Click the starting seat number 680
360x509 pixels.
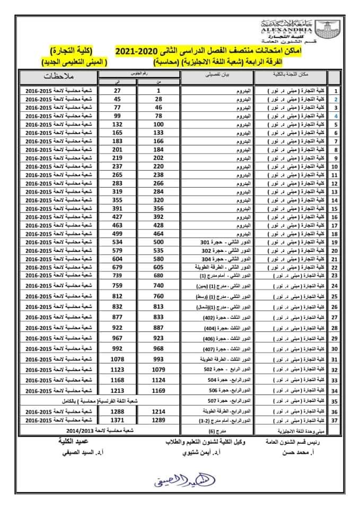click(x=158, y=275)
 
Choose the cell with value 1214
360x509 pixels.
click(x=158, y=411)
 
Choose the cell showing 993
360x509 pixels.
click(x=158, y=360)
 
